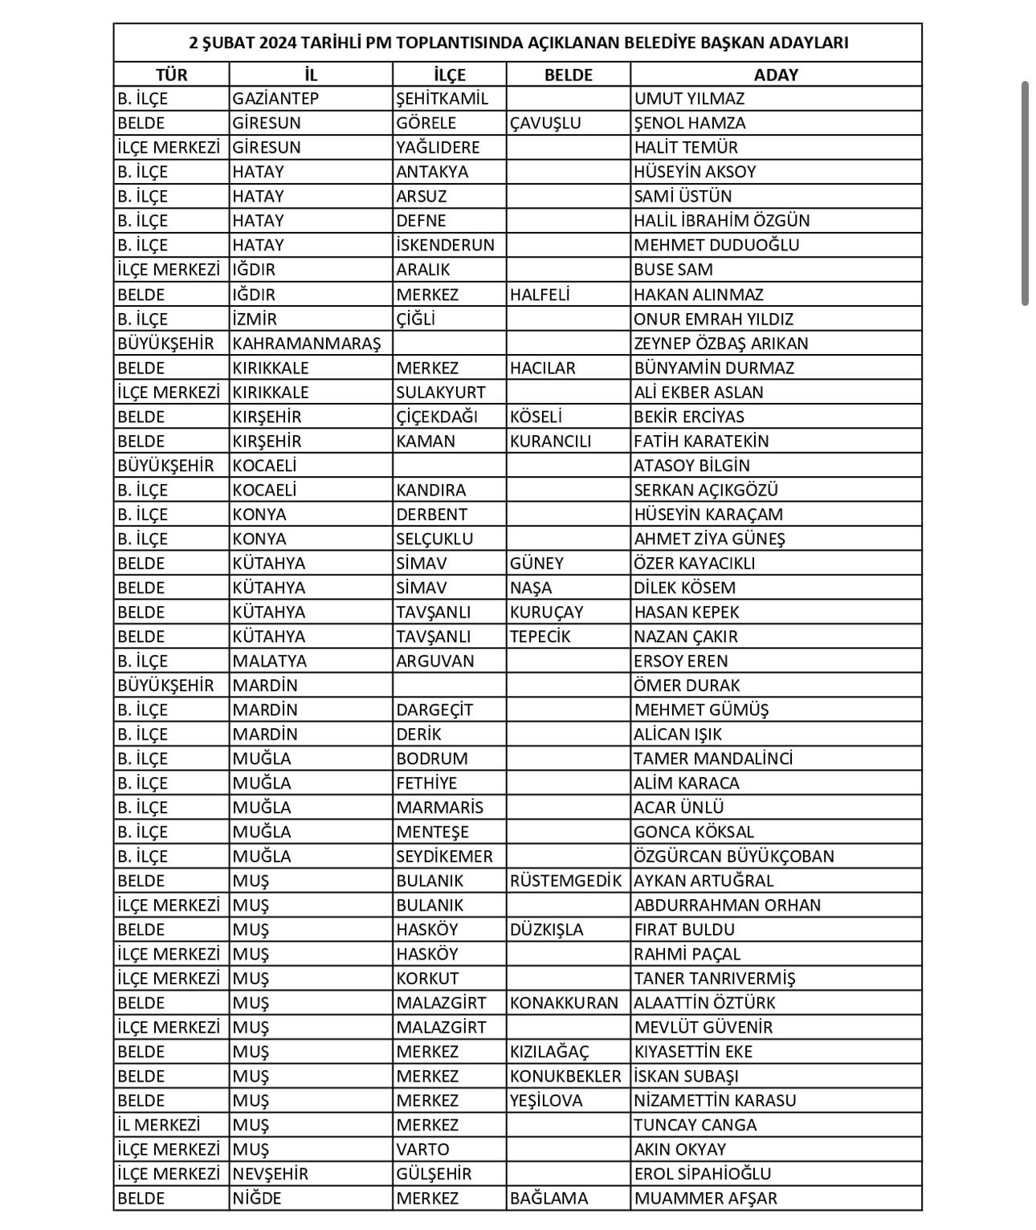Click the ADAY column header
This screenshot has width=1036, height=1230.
tap(776, 75)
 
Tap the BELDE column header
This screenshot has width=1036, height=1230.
tap(568, 75)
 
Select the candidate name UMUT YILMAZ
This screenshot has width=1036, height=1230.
tap(689, 99)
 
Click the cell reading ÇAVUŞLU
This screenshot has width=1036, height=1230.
tap(545, 123)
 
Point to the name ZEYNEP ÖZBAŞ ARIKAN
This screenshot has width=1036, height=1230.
tap(720, 343)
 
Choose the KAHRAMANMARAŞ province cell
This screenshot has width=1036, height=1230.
tap(307, 343)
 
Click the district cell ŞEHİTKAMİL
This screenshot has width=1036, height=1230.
tap(442, 99)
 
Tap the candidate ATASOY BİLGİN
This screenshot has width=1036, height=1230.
tap(691, 466)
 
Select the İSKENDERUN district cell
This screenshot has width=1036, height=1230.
tap(445, 245)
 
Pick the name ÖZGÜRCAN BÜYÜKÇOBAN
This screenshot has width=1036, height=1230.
tap(733, 856)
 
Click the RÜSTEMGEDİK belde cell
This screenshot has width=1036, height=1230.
tap(565, 880)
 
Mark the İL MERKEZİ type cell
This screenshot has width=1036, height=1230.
tap(158, 1125)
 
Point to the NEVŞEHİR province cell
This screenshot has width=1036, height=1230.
tap(270, 1174)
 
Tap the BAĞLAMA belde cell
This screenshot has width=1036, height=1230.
tap(549, 1198)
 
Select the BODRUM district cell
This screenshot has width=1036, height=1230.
tap(431, 759)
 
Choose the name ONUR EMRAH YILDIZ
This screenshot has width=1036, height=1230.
tap(713, 319)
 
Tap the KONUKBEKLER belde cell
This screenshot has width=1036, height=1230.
tap(565, 1076)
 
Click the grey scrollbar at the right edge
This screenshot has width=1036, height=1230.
tap(1025, 193)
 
